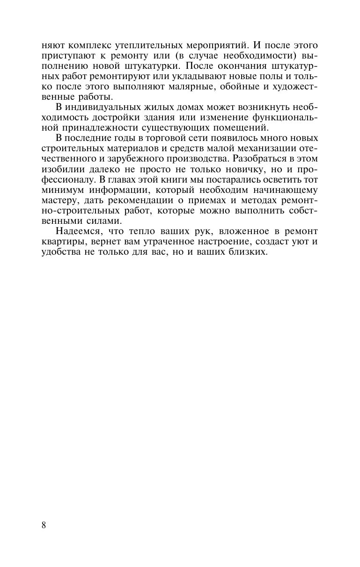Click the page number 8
pos(44,525)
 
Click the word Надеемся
pos(77,231)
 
